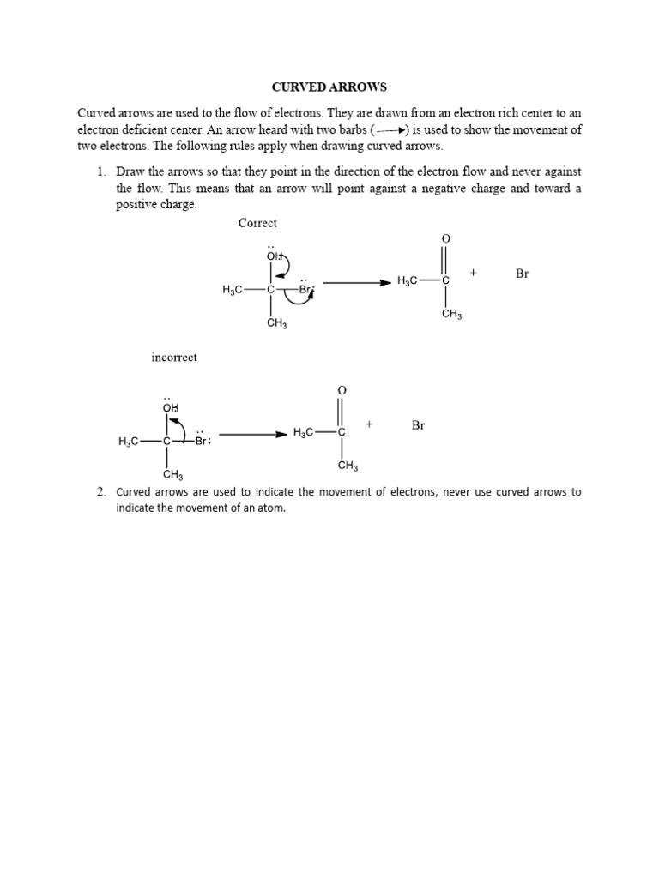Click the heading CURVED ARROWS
329,87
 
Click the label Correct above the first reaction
257,223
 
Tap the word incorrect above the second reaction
174,357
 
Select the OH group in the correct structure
273,256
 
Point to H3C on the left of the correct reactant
233,290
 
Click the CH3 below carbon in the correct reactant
276,323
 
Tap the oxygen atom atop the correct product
445,238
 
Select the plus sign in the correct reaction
473,274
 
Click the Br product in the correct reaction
523,274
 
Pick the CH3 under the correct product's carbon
451,315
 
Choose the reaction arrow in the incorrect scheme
253,434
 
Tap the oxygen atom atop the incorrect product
342,390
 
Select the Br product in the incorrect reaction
418,425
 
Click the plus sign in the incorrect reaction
369,424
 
